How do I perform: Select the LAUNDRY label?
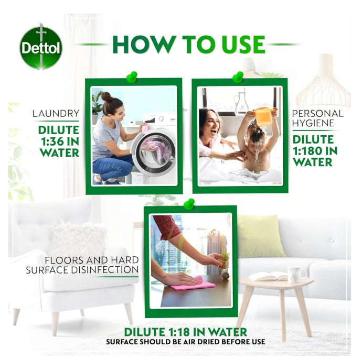click(x=56, y=113)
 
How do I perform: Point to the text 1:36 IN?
click(x=58, y=141)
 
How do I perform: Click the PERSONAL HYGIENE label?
click(x=317, y=118)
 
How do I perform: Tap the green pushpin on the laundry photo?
click(x=131, y=77)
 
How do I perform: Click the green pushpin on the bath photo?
click(x=237, y=77)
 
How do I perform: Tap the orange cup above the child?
click(x=263, y=116)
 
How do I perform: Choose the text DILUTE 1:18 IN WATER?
click(x=185, y=332)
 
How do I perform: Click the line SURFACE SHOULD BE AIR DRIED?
click(x=185, y=342)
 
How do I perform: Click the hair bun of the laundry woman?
click(x=106, y=96)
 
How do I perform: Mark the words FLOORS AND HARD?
click(x=92, y=260)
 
